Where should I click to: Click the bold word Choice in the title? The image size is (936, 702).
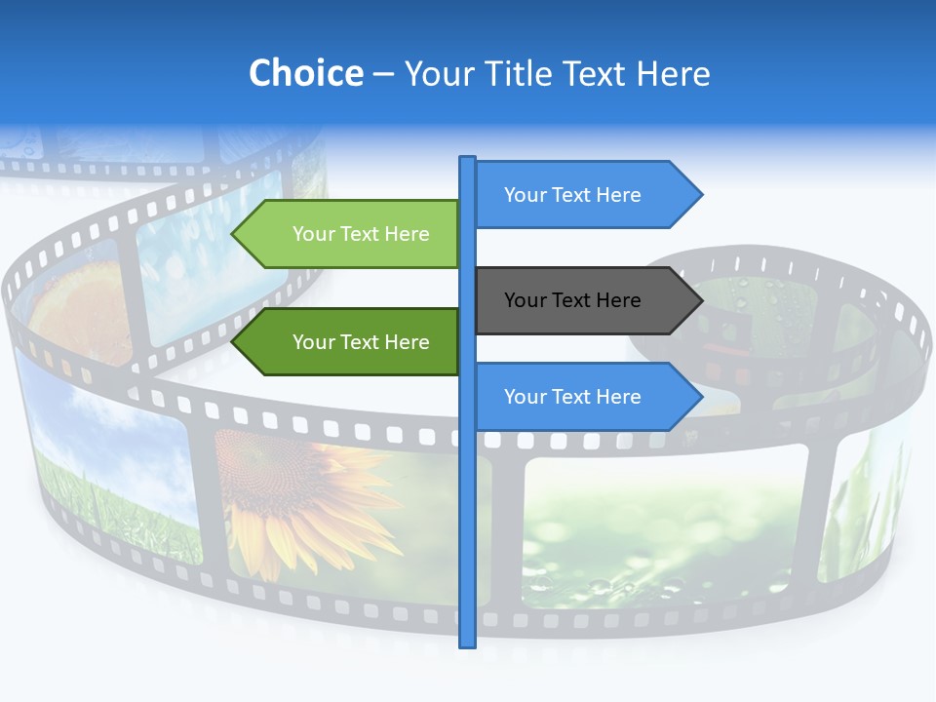tap(305, 73)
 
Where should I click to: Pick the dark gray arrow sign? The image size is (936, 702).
tap(580, 300)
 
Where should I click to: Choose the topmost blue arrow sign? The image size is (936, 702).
tap(580, 195)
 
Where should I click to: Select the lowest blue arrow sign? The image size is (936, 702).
tap(580, 397)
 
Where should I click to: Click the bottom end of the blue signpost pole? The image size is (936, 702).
tap(468, 643)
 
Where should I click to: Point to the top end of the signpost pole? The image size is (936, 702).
tap(468, 159)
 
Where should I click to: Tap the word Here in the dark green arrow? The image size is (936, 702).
tap(407, 342)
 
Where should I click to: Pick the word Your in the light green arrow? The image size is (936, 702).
tap(312, 234)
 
